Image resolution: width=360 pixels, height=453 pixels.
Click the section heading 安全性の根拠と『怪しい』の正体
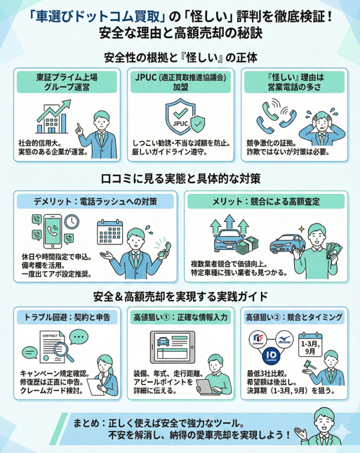[180, 57]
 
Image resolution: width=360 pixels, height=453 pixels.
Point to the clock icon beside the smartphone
[70, 222]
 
